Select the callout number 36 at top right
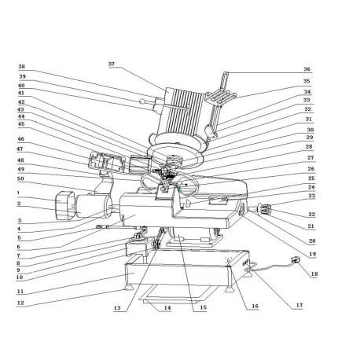[307, 68]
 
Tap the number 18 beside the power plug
[314, 274]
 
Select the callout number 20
[311, 241]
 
